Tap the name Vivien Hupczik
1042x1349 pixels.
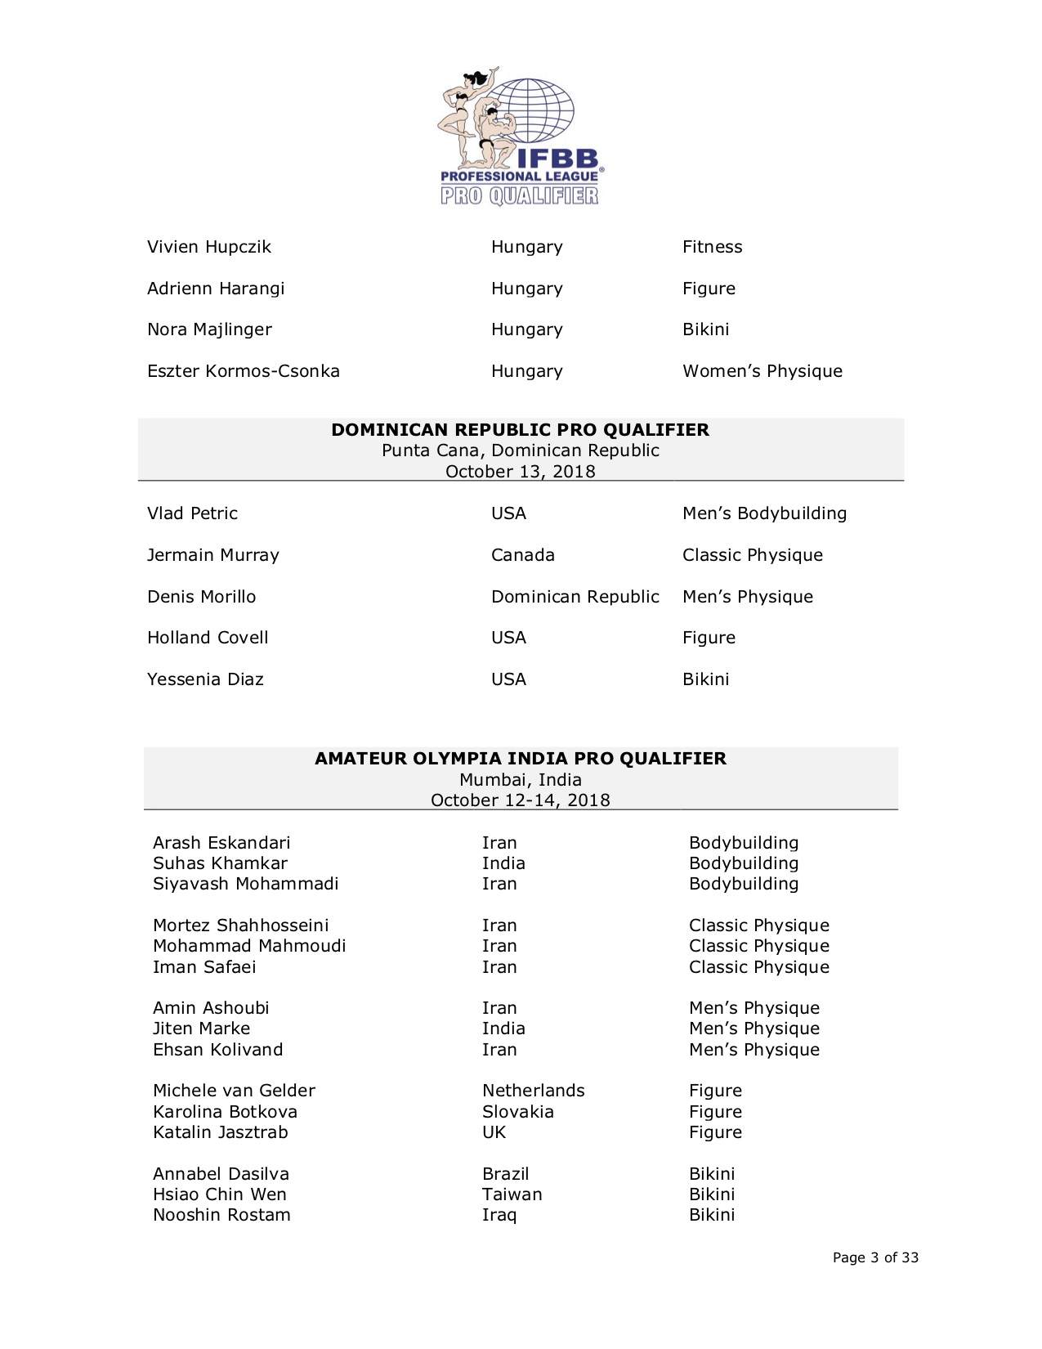[x=208, y=247]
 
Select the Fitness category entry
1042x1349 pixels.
[x=712, y=247]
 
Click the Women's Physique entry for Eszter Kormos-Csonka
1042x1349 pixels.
[x=762, y=371]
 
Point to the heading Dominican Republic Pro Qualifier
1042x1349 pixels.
[x=520, y=430]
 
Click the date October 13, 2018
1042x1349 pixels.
[x=520, y=472]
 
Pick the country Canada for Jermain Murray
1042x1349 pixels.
[x=522, y=555]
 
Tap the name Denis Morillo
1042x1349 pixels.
[x=201, y=597]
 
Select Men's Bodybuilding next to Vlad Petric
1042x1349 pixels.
[x=764, y=513]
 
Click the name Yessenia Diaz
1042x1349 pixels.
[x=205, y=679]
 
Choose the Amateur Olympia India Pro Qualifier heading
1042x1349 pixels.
[x=520, y=759]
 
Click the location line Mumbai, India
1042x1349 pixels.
[x=520, y=780]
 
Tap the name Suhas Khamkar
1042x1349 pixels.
[x=220, y=863]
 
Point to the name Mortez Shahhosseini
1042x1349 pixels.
[x=240, y=925]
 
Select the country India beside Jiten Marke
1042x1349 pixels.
[x=503, y=1029]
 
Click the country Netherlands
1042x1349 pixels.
[x=533, y=1091]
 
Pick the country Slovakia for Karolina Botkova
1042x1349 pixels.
[x=517, y=1112]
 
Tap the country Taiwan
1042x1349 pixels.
[x=512, y=1194]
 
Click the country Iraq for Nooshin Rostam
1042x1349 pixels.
[x=499, y=1215]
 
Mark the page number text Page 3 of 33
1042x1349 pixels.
[x=875, y=1257]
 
